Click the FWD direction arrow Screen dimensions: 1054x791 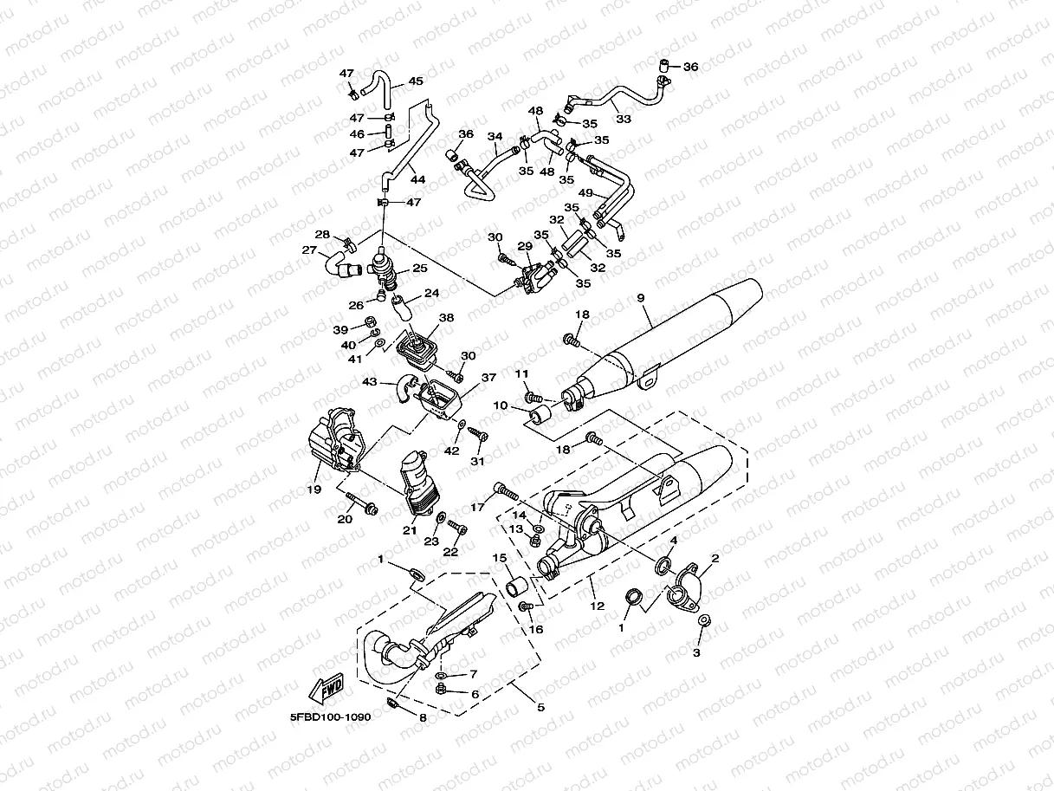click(x=326, y=687)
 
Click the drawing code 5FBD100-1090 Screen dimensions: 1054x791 click(x=330, y=717)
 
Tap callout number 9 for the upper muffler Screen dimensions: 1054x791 click(x=641, y=298)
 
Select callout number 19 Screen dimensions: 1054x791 click(x=314, y=490)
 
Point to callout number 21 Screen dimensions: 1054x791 click(x=409, y=530)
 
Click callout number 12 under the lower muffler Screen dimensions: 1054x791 click(x=598, y=606)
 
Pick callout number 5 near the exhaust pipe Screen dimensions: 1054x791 click(x=540, y=708)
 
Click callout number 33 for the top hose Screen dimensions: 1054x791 click(x=624, y=118)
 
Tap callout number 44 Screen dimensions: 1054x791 click(x=417, y=179)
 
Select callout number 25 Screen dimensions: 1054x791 click(x=420, y=268)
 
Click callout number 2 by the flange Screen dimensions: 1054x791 click(x=715, y=558)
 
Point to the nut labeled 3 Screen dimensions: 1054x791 click(x=704, y=620)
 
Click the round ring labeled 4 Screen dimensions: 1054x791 click(x=663, y=566)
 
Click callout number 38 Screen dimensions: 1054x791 click(x=446, y=317)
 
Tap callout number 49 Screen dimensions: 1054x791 click(x=585, y=192)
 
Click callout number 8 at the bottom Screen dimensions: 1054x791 click(x=423, y=717)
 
